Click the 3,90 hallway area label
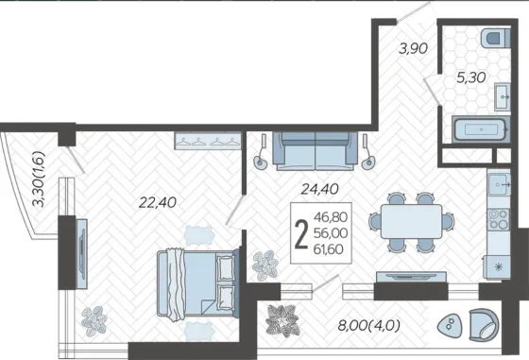tap(414, 49)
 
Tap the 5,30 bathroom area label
tap(471, 77)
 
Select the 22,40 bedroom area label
tap(158, 202)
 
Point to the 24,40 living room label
tap(319, 189)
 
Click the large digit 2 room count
tap(301, 233)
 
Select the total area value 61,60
tap(329, 249)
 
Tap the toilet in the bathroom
tap(495, 38)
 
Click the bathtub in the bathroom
tap(481, 129)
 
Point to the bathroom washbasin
tap(503, 96)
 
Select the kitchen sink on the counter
tap(500, 184)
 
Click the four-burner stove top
tap(499, 219)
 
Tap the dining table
tap(411, 221)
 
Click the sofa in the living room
tap(316, 151)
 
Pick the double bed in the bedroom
tap(198, 283)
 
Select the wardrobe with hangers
tap(208, 141)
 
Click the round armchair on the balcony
tap(484, 324)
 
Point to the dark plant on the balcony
tap(282, 320)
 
